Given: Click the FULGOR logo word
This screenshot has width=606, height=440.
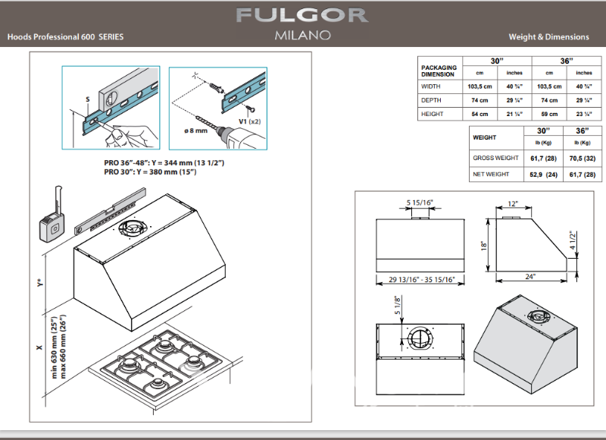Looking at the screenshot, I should (302, 15).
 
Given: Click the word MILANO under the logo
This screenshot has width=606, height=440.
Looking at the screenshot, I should (302, 36).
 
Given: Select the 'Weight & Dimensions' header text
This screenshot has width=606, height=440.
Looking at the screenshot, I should (548, 36).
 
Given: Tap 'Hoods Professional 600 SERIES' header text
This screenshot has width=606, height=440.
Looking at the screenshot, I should (65, 36).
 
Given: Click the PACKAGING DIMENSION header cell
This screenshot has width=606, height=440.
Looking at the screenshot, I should (439, 71).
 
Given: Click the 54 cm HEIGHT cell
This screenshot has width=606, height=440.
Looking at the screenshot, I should (479, 114).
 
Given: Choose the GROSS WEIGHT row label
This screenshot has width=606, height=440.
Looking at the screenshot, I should (495, 158).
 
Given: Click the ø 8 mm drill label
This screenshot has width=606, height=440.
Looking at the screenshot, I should (195, 131).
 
